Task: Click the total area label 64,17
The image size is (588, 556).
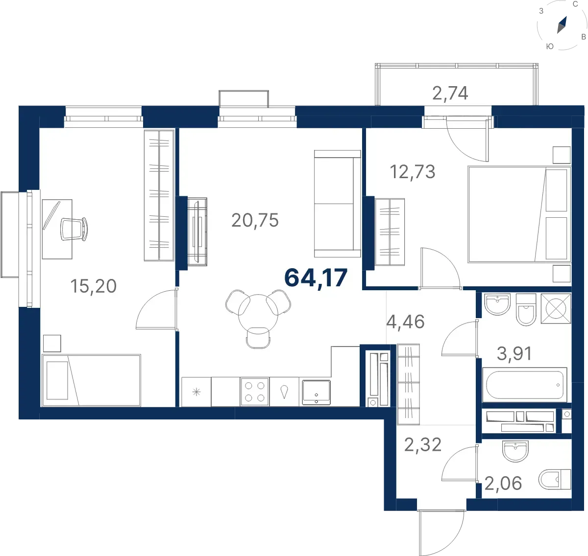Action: (316, 278)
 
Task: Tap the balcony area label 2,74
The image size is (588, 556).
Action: (450, 93)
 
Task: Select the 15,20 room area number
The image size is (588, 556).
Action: (93, 286)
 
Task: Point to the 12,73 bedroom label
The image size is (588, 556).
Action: (413, 172)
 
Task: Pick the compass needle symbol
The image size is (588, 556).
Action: (562, 25)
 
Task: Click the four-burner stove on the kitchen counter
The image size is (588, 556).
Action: (254, 392)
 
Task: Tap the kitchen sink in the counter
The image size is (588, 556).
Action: (316, 392)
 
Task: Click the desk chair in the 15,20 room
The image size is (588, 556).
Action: (74, 229)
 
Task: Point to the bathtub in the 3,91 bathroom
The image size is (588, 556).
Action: (525, 385)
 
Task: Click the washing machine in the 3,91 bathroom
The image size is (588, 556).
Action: (556, 309)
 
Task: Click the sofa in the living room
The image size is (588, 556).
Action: (338, 204)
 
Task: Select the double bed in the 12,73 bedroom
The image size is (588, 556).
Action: (519, 214)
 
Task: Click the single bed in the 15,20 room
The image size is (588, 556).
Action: (91, 380)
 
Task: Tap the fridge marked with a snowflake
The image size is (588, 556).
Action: (196, 392)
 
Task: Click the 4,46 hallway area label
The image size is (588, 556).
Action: (405, 322)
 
